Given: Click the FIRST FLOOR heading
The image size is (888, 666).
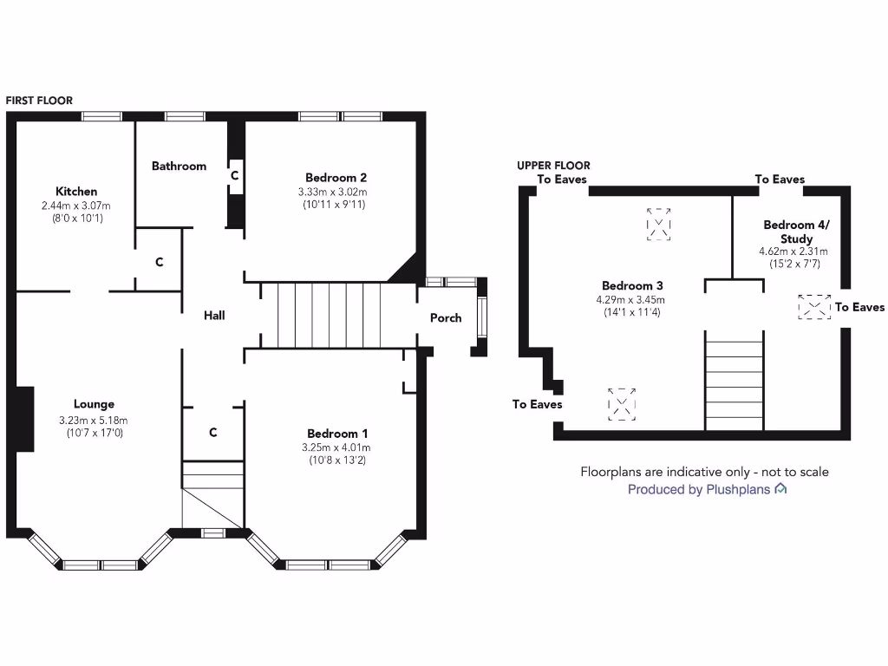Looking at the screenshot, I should pos(39,101).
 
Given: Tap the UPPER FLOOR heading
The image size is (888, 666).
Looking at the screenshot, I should pos(553,166).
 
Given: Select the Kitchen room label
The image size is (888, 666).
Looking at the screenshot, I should pos(76,191).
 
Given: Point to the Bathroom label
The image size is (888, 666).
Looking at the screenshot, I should pos(179,166).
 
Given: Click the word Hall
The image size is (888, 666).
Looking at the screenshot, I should pos(214,316).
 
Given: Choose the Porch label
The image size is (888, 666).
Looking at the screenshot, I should pos(446,318).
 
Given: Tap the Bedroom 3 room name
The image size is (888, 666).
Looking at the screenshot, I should pos(633,286).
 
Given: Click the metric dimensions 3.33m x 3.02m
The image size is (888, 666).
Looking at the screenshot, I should pos(332,193).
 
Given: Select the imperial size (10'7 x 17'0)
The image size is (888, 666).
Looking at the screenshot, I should pos(94,432).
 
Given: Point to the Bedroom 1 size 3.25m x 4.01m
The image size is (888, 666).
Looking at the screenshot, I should pos(336,447).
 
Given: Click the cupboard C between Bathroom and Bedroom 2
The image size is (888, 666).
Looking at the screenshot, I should pos(234,175).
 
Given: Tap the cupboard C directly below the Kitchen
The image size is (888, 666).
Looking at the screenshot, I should pos(160,261).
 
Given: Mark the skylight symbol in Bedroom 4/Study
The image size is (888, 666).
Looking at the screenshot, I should pos(813,307).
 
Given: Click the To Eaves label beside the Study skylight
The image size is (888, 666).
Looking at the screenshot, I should pos(859,307).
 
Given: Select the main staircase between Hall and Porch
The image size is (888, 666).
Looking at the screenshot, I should pos(330,315).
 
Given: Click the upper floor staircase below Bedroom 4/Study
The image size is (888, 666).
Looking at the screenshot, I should pos(735,382).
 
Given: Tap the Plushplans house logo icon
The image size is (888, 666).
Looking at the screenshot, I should pos(780,489).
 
